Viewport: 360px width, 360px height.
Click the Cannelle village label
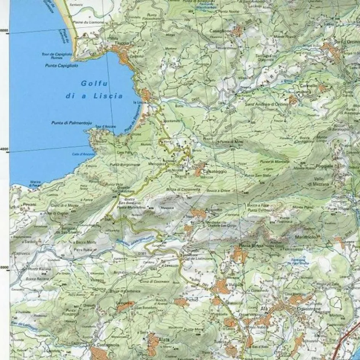pos(309,86)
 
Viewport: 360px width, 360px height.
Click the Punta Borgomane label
pos(125,164)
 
